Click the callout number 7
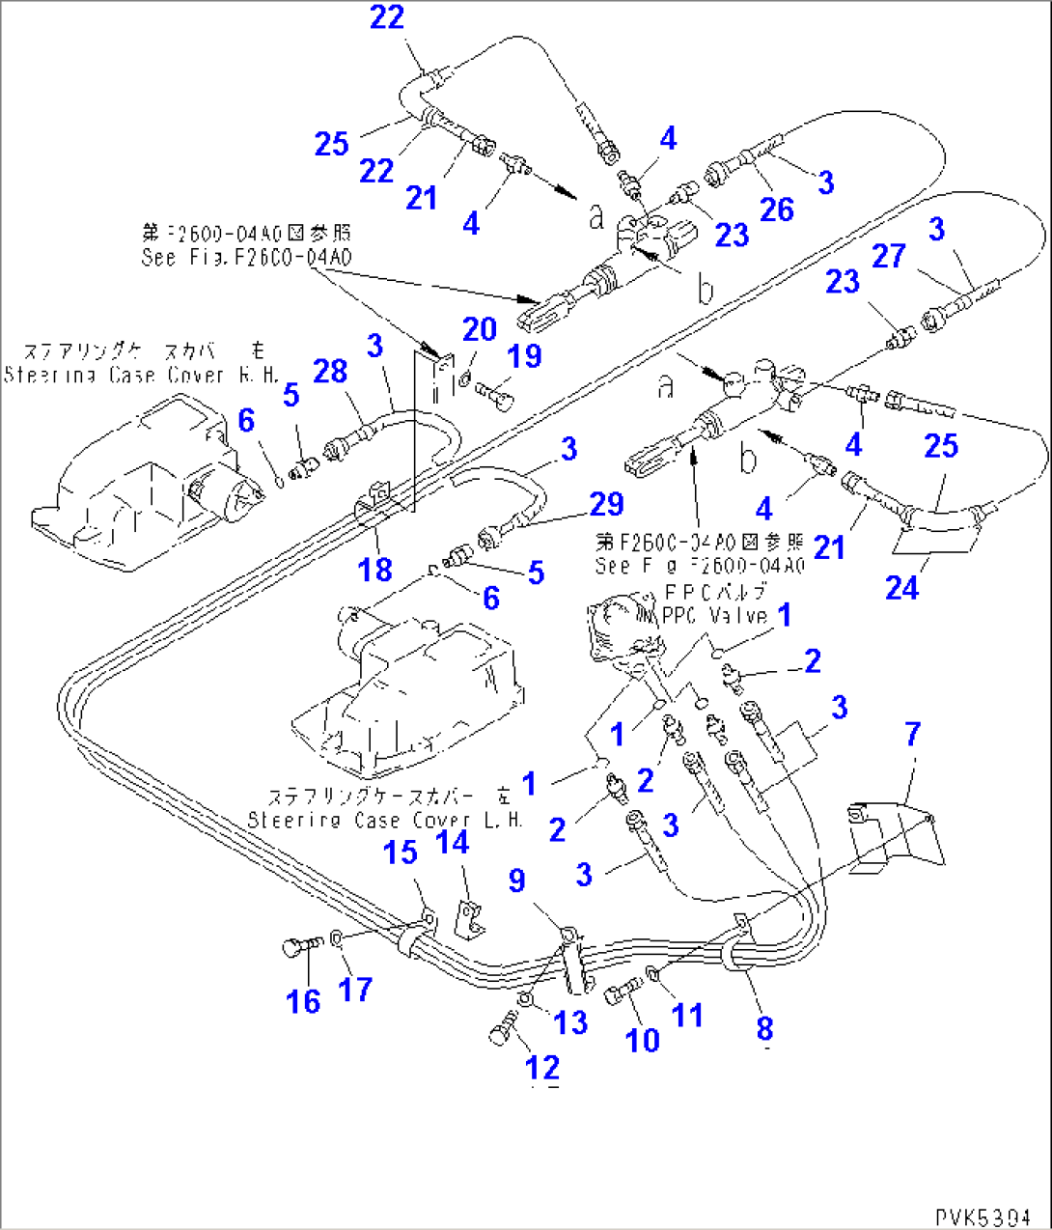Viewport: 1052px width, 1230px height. click(x=912, y=735)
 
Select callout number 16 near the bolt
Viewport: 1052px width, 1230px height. click(x=303, y=1001)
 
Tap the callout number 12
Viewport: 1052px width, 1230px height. click(x=542, y=1068)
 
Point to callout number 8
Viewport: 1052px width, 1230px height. click(x=764, y=1029)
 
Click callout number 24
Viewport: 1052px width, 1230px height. click(x=901, y=587)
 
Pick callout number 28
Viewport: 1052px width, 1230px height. click(x=330, y=371)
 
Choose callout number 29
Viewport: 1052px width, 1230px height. click(x=606, y=504)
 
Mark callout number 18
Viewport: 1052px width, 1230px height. click(x=375, y=570)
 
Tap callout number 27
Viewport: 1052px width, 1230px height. click(x=888, y=256)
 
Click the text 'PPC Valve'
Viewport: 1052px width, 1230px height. click(x=715, y=615)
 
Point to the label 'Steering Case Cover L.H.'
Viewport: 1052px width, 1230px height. click(x=385, y=820)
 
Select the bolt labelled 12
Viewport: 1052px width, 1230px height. click(x=499, y=1035)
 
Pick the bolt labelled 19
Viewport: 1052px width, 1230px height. click(x=495, y=392)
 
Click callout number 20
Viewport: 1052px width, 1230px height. click(x=479, y=330)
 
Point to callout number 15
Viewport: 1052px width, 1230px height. click(x=401, y=853)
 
